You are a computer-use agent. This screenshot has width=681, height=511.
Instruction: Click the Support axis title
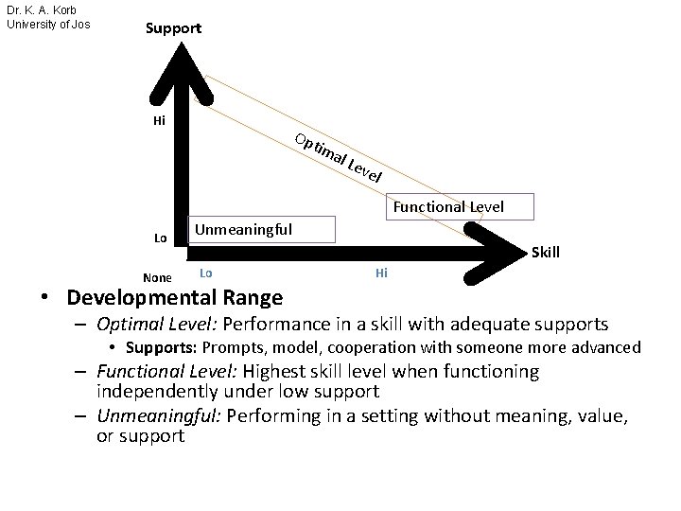pyautogui.click(x=173, y=28)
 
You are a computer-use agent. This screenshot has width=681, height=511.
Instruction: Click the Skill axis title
pyautogui.click(x=546, y=252)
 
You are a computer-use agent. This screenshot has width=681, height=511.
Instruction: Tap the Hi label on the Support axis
pyautogui.click(x=160, y=120)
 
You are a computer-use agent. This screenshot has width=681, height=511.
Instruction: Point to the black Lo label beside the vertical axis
pyautogui.click(x=160, y=238)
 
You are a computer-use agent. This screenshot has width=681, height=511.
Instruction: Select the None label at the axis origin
pyautogui.click(x=157, y=277)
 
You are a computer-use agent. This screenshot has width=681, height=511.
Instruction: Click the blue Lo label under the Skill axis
pyautogui.click(x=206, y=273)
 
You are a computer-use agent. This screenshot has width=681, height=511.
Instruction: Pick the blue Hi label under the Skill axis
pyautogui.click(x=381, y=273)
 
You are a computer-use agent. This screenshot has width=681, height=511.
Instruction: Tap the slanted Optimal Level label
pyautogui.click(x=339, y=158)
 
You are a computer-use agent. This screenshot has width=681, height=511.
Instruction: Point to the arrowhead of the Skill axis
pyautogui.click(x=495, y=254)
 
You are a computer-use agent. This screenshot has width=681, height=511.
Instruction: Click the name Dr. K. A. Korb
pyautogui.click(x=42, y=10)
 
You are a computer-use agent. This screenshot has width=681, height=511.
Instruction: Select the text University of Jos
pyautogui.click(x=48, y=25)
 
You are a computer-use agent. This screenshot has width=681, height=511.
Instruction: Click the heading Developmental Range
pyautogui.click(x=175, y=298)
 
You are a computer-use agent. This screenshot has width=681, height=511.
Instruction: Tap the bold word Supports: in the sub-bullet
pyautogui.click(x=162, y=347)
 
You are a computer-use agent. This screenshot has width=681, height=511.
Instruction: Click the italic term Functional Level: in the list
pyautogui.click(x=166, y=372)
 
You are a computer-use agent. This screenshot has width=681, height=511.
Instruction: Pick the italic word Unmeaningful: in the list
pyautogui.click(x=159, y=416)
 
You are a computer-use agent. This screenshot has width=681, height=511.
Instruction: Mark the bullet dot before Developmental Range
pyautogui.click(x=44, y=297)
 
